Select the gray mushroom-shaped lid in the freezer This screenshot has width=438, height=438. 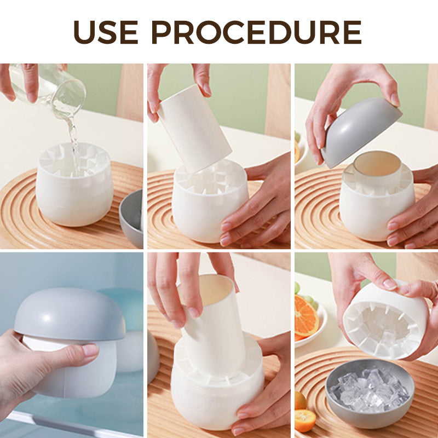coord(68,315)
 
